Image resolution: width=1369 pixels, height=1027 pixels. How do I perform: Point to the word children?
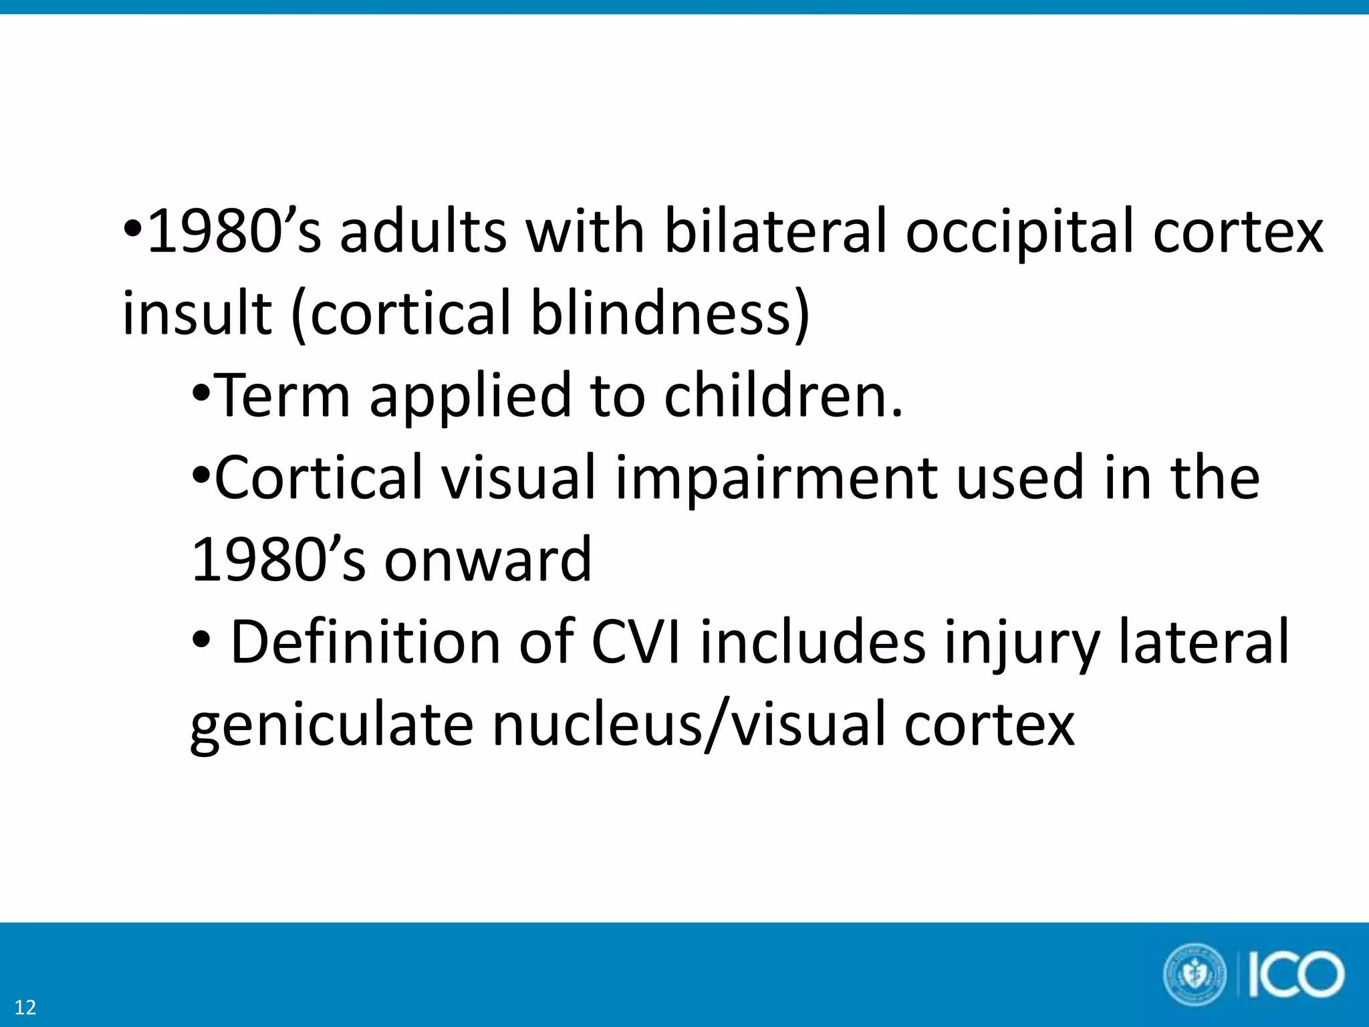point(783,395)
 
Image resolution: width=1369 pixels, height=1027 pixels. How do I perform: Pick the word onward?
point(488,560)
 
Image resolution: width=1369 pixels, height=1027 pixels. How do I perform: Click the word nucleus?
point(598,725)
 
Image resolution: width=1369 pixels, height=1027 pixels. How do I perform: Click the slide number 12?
point(25,1007)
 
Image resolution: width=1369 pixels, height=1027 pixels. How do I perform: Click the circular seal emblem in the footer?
point(1195,975)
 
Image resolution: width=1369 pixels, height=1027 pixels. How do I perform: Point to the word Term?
point(283,395)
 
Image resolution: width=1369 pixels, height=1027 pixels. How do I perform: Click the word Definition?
point(365,643)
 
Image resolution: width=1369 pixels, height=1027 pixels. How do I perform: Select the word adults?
point(423,231)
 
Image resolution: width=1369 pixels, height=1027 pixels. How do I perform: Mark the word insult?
point(197,314)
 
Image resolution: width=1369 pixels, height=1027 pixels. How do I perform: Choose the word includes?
point(813,643)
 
